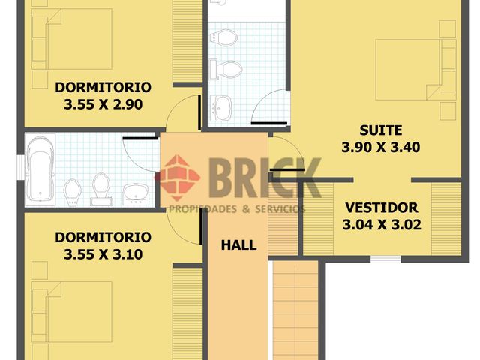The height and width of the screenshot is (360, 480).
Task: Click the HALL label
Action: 238,245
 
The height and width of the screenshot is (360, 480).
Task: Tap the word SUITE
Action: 380,130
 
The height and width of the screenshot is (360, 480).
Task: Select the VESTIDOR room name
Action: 382,208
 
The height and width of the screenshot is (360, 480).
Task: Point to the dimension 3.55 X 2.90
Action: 103,104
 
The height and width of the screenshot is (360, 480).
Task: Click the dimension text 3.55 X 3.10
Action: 103,254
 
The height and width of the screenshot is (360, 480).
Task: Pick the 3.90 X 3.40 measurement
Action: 380,148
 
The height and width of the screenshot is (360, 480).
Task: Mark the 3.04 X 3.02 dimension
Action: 382,225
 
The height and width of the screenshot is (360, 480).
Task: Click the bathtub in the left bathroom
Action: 40,169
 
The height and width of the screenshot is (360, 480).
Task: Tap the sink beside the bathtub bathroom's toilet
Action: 136,194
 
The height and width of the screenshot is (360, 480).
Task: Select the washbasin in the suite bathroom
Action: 221,108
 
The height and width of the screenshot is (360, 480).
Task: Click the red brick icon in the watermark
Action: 179,178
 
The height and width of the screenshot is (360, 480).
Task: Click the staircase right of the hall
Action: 295,310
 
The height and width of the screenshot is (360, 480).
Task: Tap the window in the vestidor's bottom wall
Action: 385,259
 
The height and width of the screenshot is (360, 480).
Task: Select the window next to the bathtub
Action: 20,168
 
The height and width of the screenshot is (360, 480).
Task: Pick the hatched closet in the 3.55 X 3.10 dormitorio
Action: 187,313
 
